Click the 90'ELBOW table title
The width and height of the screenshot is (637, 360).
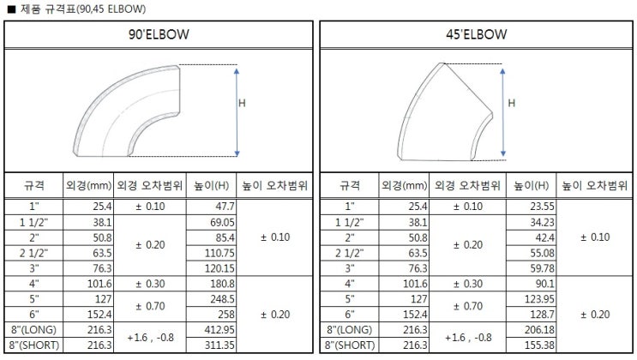click(159, 35)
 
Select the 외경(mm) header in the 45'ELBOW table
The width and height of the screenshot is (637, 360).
click(403, 185)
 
